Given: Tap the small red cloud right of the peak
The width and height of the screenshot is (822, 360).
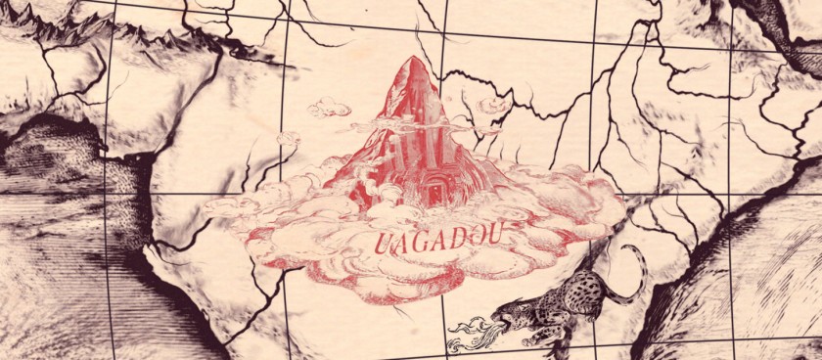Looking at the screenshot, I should (494, 103).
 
